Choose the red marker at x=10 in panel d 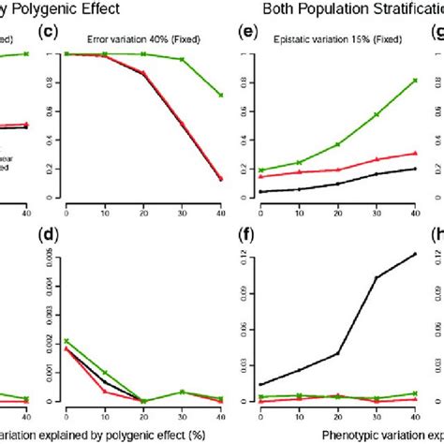pyautogui.click(x=104, y=391)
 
